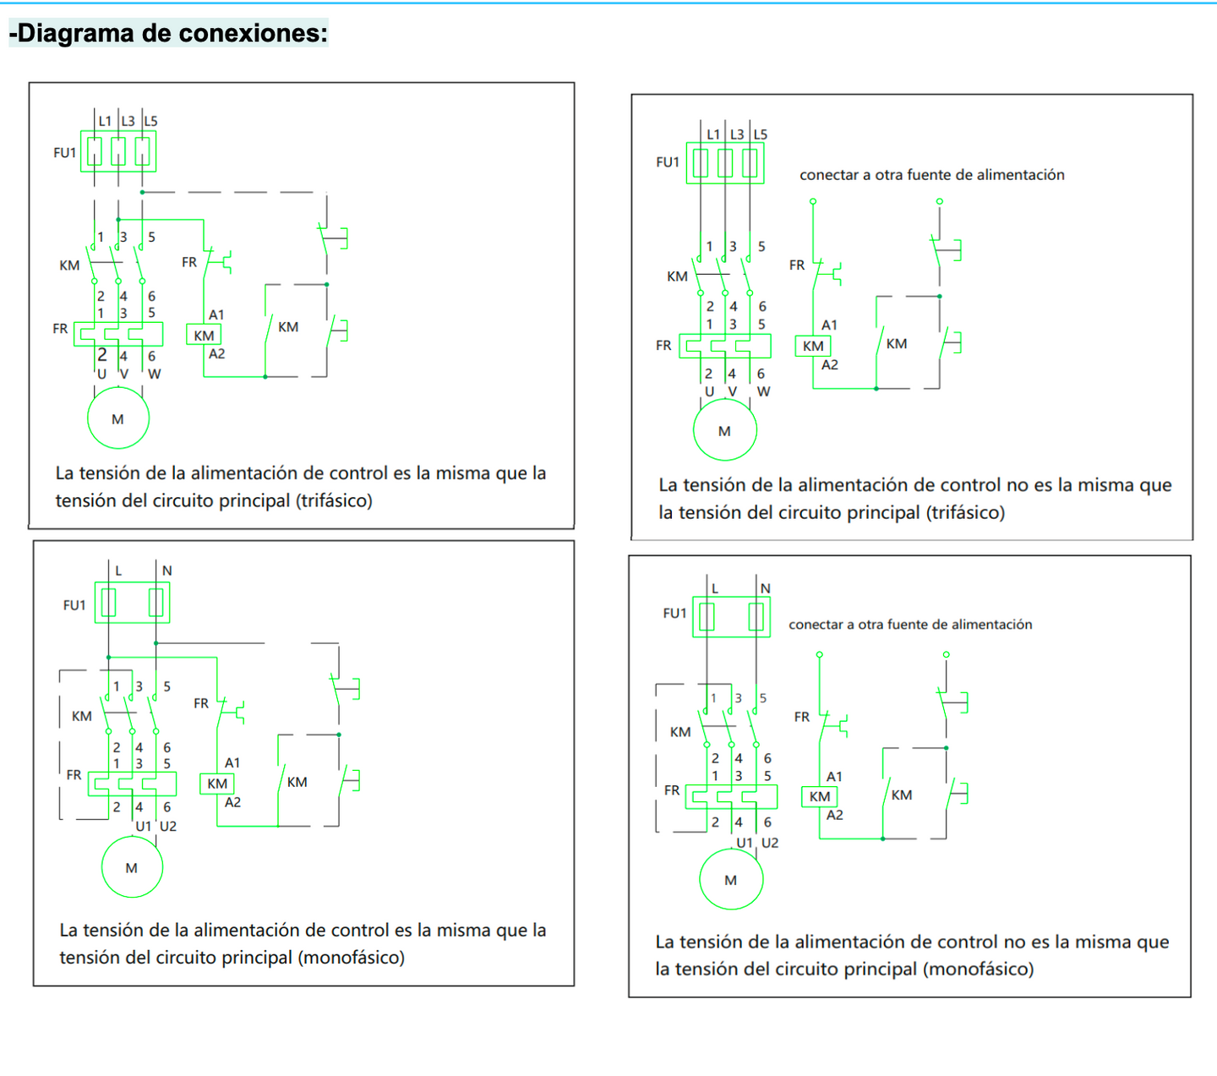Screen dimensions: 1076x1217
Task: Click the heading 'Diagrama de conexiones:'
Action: [x=168, y=33]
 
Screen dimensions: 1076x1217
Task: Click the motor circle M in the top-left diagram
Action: [x=118, y=418]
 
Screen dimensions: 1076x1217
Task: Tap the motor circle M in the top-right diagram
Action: [x=724, y=430]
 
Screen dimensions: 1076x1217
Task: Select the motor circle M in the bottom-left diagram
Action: [x=132, y=867]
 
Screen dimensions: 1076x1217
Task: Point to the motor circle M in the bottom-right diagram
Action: [x=731, y=880]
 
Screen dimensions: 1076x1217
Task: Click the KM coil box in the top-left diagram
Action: [x=204, y=336]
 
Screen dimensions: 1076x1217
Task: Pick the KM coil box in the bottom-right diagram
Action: [x=819, y=796]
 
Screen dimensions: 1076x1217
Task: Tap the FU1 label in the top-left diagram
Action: [x=65, y=153]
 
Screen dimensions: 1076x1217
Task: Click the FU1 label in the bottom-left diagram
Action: [x=74, y=605]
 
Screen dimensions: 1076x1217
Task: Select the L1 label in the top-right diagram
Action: [x=713, y=134]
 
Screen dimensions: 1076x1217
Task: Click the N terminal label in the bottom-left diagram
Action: [x=166, y=571]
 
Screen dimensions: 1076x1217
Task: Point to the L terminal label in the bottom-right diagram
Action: [x=715, y=588]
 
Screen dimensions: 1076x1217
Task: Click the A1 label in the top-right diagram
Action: [x=829, y=325]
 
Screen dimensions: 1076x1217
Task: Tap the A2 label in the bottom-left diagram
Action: [x=232, y=802]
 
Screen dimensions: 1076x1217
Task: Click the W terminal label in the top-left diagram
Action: [x=155, y=374]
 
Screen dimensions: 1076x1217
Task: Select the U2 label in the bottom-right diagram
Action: [x=770, y=843]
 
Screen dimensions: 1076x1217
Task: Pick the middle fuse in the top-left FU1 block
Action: [x=118, y=151]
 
